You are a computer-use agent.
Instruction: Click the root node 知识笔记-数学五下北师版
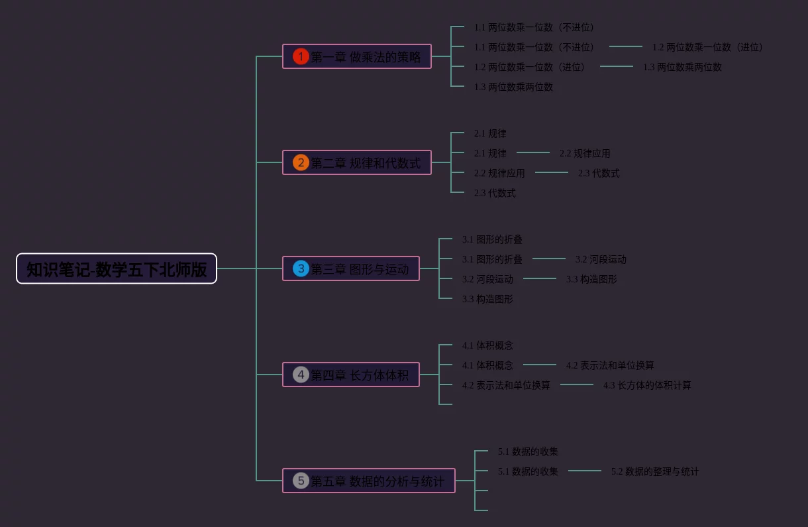tap(117, 268)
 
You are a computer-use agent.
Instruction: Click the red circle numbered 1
tap(301, 56)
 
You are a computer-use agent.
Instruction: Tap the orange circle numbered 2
tap(301, 162)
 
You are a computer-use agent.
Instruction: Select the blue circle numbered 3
tap(301, 268)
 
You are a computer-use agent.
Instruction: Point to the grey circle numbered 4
tap(301, 375)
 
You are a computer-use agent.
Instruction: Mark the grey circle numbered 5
tap(301, 481)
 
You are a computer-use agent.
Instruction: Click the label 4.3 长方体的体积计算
tap(647, 385)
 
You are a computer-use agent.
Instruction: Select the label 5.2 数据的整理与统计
tap(655, 471)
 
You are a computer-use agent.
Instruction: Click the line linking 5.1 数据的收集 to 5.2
tap(585, 471)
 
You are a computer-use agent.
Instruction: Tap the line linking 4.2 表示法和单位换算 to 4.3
tap(577, 384)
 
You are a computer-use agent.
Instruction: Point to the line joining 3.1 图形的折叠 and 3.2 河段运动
tap(549, 259)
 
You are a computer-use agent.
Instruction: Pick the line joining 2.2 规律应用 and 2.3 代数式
tap(552, 172)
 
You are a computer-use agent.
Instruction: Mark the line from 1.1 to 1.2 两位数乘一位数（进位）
tap(626, 46)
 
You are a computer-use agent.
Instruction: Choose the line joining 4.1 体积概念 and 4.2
tap(540, 365)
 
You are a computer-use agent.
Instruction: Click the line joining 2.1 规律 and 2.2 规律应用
tap(533, 152)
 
